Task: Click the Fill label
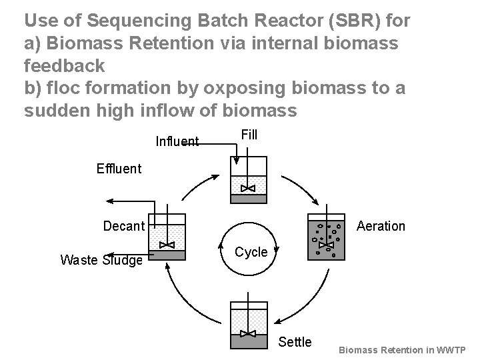[x=249, y=135]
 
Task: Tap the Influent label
[x=177, y=141]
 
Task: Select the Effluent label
[x=119, y=168]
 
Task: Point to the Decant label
[x=124, y=226]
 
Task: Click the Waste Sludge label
[x=101, y=260]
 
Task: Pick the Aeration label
[x=381, y=226]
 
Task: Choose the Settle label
[x=295, y=342]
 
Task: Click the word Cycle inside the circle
[x=251, y=253]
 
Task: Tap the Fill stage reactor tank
[x=248, y=180]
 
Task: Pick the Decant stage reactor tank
[x=166, y=237]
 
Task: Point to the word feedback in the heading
[x=64, y=65]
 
